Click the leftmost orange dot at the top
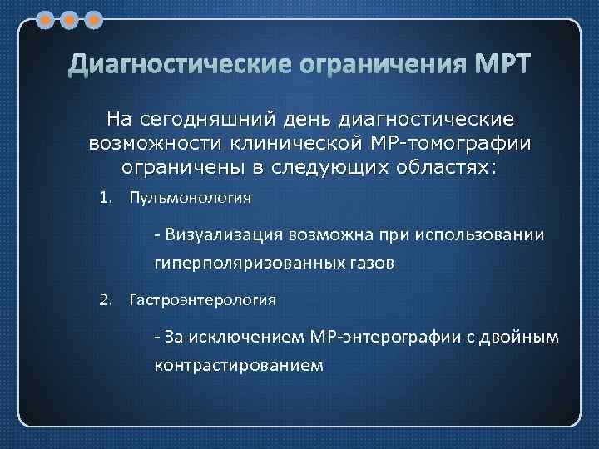point(46,18)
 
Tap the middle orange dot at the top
point(70,18)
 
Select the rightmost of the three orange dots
point(93,18)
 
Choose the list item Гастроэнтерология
point(202,299)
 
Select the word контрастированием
point(237,364)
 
